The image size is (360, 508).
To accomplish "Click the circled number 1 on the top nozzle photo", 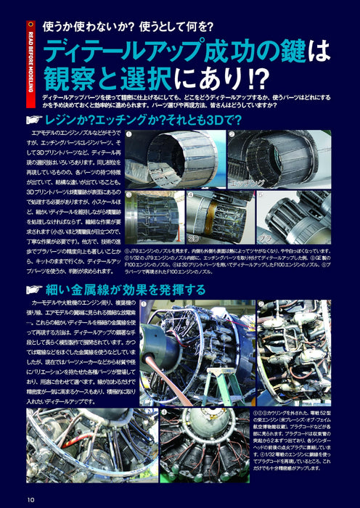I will point(129,135).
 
